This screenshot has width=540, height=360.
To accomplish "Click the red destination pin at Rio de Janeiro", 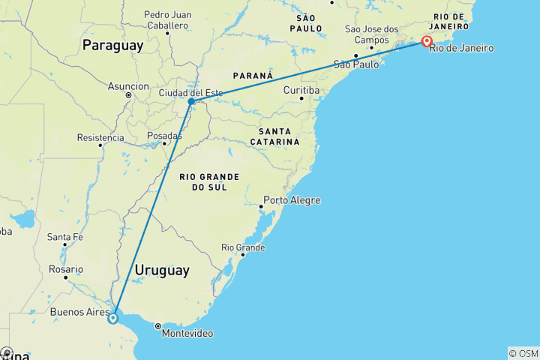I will click(427, 42).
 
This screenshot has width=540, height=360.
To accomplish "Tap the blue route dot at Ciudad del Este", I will click(192, 101).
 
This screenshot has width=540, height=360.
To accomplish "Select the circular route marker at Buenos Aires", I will click(112, 318).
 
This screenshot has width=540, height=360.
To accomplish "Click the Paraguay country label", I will click(112, 46).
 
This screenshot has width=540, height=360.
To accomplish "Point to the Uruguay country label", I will click(162, 270).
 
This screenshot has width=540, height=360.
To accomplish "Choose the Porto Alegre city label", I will click(293, 200).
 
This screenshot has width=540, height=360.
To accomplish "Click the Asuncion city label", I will click(128, 86).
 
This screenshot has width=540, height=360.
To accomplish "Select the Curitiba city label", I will click(301, 90).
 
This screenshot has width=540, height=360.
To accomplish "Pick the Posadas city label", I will click(164, 136).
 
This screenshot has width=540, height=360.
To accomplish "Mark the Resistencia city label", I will click(100, 137).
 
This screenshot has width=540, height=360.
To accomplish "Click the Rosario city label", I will click(65, 268).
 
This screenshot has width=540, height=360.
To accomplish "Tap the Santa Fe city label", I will click(64, 237).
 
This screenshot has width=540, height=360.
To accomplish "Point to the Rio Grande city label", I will click(243, 247).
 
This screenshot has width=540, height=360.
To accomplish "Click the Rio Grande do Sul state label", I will click(209, 181).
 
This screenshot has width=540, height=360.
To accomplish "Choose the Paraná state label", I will click(253, 76).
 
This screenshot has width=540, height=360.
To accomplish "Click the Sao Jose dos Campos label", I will click(372, 34).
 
